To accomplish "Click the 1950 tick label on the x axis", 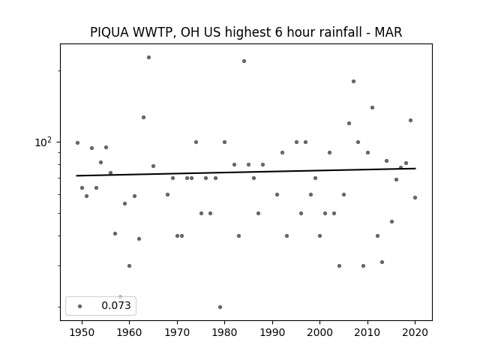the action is [x=82, y=332].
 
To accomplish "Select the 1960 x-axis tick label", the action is [x=129, y=332].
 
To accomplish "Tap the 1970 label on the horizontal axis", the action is [x=177, y=332].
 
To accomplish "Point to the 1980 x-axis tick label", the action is [x=224, y=332].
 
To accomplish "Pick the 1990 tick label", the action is [x=272, y=332].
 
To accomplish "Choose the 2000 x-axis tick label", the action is [x=319, y=332].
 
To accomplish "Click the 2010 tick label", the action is [x=367, y=332].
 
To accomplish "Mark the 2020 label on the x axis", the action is [x=415, y=332].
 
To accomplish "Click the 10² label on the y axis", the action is [x=43, y=142].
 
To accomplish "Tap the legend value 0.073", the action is [x=116, y=305].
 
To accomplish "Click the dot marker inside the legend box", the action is [x=79, y=306].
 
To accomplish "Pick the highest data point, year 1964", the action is [x=148, y=57].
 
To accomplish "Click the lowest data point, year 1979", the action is [x=220, y=307].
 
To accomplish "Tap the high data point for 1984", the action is [x=244, y=61].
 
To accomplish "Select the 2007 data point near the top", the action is [x=353, y=82].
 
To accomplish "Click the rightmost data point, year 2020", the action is [x=415, y=198].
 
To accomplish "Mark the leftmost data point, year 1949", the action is [x=77, y=143].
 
